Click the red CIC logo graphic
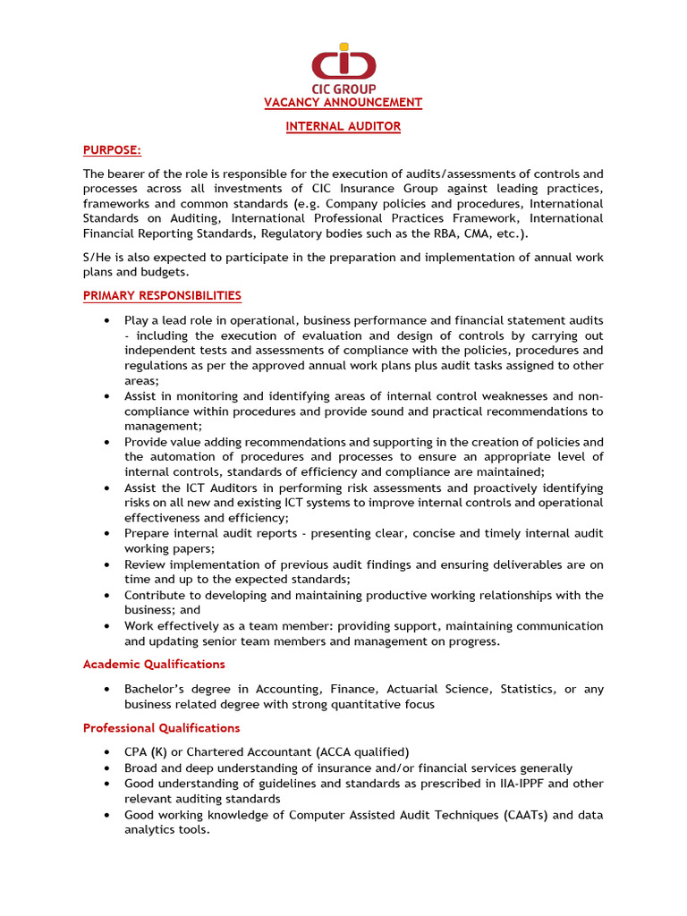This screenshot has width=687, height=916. [x=343, y=63]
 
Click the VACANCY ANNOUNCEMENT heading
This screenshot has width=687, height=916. [x=343, y=103]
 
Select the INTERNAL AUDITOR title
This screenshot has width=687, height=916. [x=343, y=126]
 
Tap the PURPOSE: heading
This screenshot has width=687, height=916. [x=112, y=149]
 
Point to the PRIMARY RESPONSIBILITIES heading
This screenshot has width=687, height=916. [x=162, y=295]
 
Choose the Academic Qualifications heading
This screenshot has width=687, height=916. [x=154, y=664]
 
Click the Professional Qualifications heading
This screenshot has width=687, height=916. [x=161, y=728]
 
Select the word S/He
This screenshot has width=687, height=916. [x=99, y=258]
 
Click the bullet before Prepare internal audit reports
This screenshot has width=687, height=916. [x=107, y=534]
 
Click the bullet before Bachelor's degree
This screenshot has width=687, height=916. [x=107, y=689]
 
